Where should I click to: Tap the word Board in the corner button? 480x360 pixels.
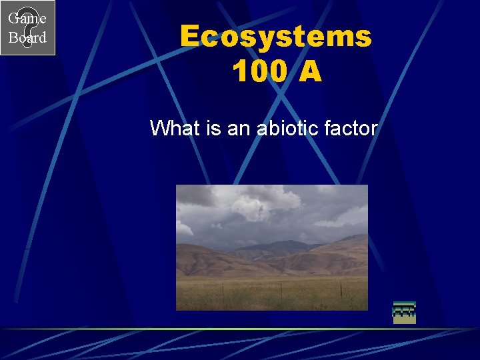(27, 38)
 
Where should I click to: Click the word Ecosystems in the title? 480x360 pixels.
(275, 36)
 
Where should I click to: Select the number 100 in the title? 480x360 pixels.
(259, 71)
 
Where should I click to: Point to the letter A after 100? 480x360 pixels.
(310, 71)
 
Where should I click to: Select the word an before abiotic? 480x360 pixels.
(237, 127)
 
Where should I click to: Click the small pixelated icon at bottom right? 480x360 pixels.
(404, 313)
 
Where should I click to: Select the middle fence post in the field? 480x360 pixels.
(281, 289)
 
